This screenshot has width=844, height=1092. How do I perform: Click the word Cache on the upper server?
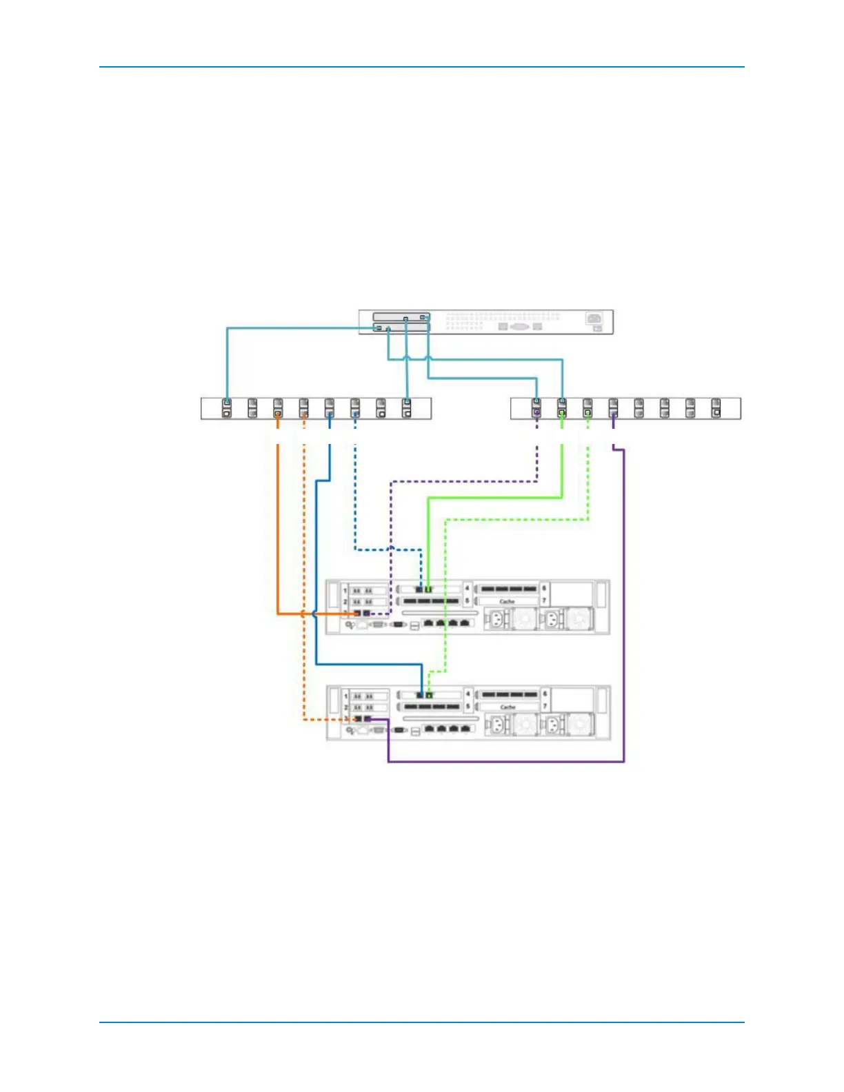click(x=507, y=602)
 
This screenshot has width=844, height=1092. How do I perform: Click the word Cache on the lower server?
click(x=508, y=707)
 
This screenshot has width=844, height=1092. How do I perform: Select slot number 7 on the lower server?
click(x=544, y=707)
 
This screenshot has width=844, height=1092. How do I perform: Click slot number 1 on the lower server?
click(x=345, y=696)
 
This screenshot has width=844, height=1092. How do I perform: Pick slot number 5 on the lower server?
click(x=468, y=707)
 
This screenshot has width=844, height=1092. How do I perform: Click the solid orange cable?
click(x=278, y=524)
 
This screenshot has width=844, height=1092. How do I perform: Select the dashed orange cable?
click(x=304, y=552)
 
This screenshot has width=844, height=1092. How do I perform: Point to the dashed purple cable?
click(x=391, y=524)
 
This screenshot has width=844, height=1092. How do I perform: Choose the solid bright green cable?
click(x=429, y=538)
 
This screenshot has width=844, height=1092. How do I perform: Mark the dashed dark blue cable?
click(x=354, y=496)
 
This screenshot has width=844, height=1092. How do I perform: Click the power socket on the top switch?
click(x=593, y=318)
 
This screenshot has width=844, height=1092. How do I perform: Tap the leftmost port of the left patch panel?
click(x=227, y=408)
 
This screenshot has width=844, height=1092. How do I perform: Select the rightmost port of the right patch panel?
click(x=716, y=408)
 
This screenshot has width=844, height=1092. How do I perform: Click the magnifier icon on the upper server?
click(x=350, y=625)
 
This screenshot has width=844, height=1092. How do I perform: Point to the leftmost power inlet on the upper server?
click(x=495, y=619)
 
